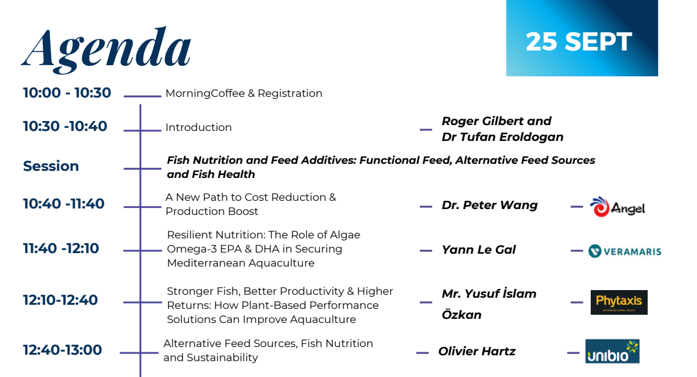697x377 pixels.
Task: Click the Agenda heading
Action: (107, 50)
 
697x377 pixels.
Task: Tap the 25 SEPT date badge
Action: (582, 38)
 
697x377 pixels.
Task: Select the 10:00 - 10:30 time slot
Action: (67, 93)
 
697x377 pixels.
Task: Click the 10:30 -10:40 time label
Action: (65, 126)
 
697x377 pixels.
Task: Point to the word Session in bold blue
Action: (51, 166)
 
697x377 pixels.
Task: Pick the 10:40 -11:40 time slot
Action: (64, 204)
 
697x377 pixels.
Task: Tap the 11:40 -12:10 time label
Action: (61, 248)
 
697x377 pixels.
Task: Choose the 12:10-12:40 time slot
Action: (60, 300)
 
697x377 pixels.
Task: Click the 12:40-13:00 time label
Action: (63, 350)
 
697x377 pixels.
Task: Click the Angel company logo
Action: (617, 207)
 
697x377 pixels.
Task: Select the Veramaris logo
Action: (625, 251)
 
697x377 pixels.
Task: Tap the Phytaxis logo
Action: (619, 302)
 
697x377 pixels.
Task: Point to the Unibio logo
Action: (612, 351)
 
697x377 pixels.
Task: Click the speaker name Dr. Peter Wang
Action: (489, 205)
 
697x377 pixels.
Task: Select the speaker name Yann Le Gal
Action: (479, 250)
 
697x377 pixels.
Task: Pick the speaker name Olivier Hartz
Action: (477, 351)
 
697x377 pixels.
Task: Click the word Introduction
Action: (198, 127)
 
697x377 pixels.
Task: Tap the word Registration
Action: (290, 94)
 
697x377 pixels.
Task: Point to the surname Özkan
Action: (462, 314)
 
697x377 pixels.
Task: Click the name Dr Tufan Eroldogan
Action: (503, 137)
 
